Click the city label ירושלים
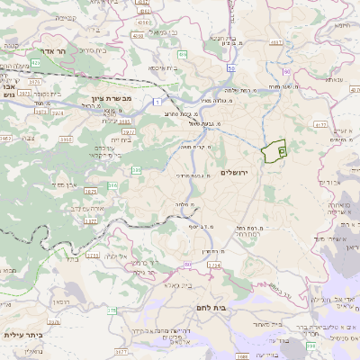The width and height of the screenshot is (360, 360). pyautogui.click(x=257, y=171)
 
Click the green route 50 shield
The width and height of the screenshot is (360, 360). pyautogui.click(x=231, y=67)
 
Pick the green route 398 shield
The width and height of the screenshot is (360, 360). pyautogui.click(x=311, y=345)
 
